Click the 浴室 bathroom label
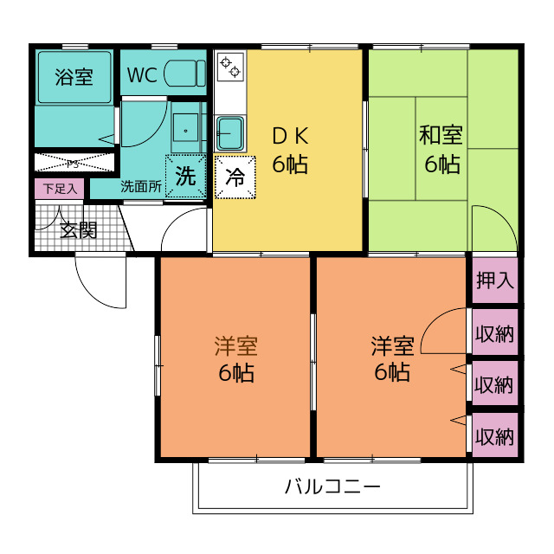coord(74,77)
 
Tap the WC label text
coord(141,75)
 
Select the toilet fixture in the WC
coord(184,74)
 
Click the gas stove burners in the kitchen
coord(231,67)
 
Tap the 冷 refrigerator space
coord(235,177)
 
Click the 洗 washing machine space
coord(186,176)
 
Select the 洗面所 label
coord(141,185)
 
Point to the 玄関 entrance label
coord(78,229)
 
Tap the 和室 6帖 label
coord(441,149)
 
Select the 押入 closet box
coord(495,280)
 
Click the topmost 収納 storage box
coord(495,332)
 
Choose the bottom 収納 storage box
coord(495,435)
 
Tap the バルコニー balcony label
coord(333,486)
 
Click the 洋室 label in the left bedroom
coord(235,347)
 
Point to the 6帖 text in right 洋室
coord(392,373)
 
